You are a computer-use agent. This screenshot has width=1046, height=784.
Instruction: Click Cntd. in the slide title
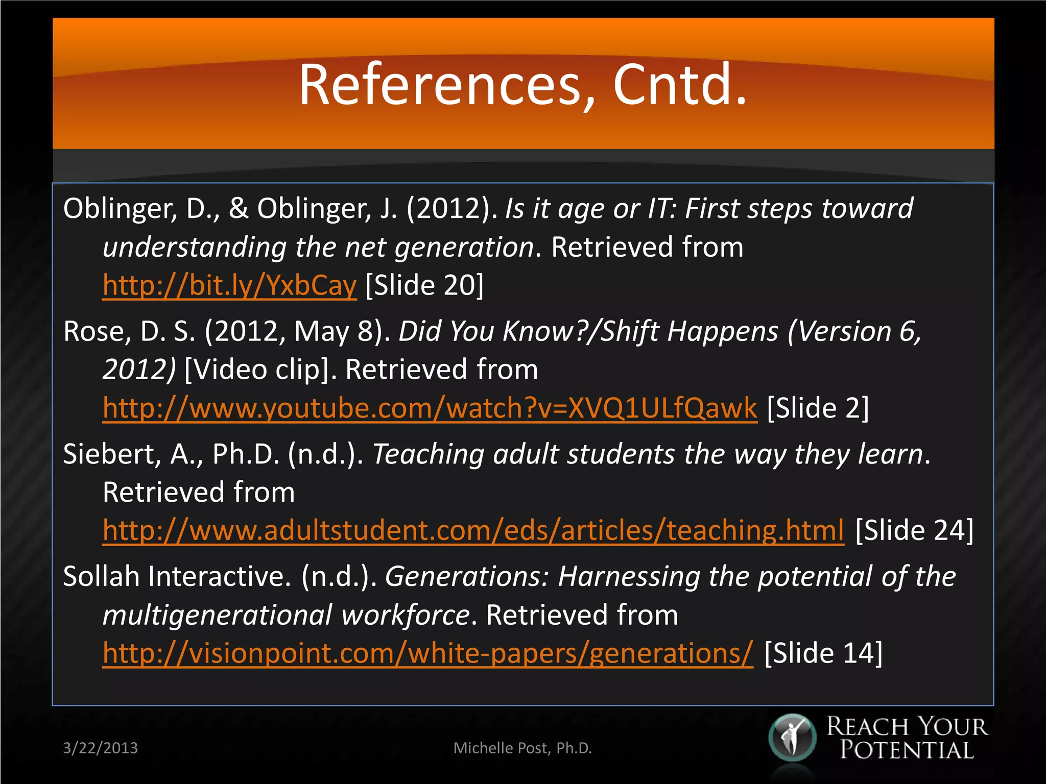(680, 85)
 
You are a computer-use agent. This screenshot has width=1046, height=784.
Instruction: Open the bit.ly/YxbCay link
(229, 285)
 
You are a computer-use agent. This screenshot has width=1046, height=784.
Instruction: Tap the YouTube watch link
(430, 408)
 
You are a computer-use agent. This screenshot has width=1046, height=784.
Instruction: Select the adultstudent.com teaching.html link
(473, 531)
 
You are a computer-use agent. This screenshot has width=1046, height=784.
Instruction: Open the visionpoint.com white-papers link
(427, 653)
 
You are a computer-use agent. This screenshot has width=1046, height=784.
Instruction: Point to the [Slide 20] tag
(424, 285)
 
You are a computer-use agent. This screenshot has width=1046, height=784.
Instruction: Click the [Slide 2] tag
(818, 408)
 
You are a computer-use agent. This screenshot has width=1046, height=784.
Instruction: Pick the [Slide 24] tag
(914, 531)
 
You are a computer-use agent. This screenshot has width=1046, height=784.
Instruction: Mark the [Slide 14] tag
(823, 653)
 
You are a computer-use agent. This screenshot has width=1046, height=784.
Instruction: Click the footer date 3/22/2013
(100, 748)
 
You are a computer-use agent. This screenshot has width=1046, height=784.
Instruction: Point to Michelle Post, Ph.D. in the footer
(522, 748)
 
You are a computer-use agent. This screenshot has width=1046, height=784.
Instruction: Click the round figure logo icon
(792, 738)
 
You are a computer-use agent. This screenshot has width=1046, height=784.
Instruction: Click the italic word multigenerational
(218, 615)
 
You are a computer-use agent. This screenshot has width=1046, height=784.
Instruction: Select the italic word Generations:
(467, 577)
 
